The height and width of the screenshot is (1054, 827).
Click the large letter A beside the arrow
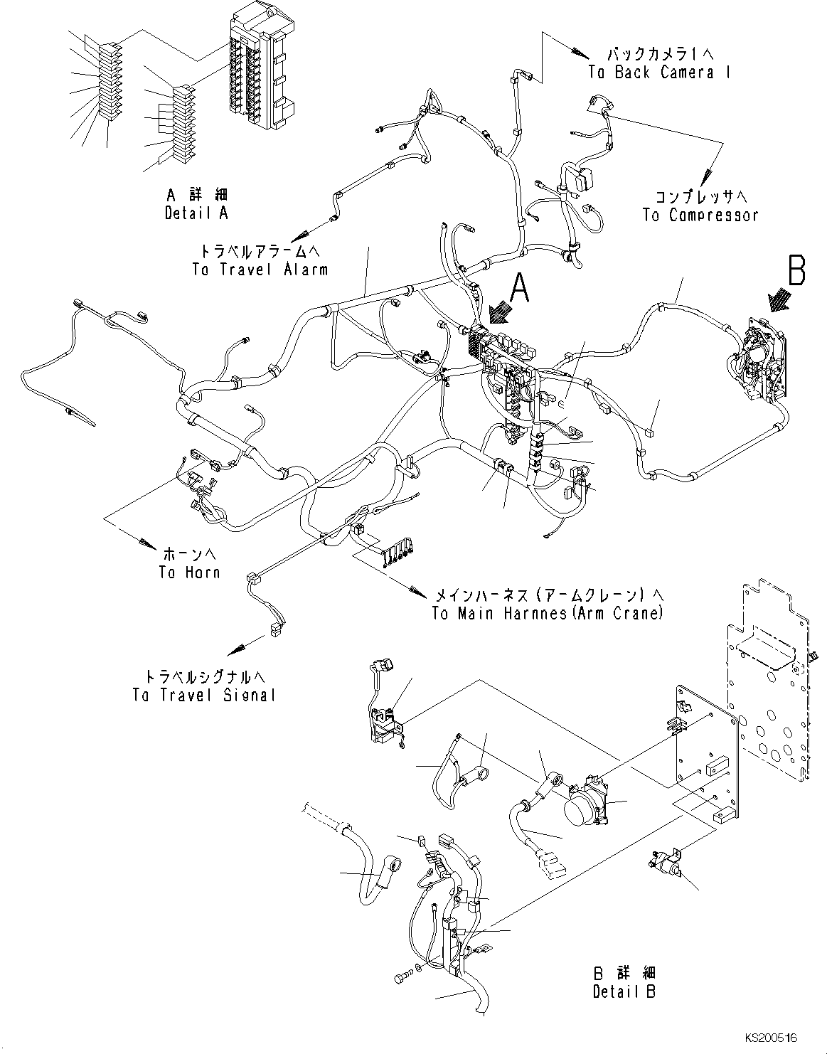pos(520,289)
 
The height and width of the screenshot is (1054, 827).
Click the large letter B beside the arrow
pos(796,272)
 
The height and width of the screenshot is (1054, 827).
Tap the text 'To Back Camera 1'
pos(651,72)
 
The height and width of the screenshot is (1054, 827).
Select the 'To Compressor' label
pos(700,215)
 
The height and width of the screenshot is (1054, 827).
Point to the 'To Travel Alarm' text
pos(260,270)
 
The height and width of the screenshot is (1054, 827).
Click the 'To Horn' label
pos(189,572)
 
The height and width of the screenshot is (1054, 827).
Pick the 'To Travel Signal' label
pos(203,695)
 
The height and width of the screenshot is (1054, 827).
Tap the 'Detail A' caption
pos(196,213)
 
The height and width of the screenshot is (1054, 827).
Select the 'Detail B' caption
pos(624,991)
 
